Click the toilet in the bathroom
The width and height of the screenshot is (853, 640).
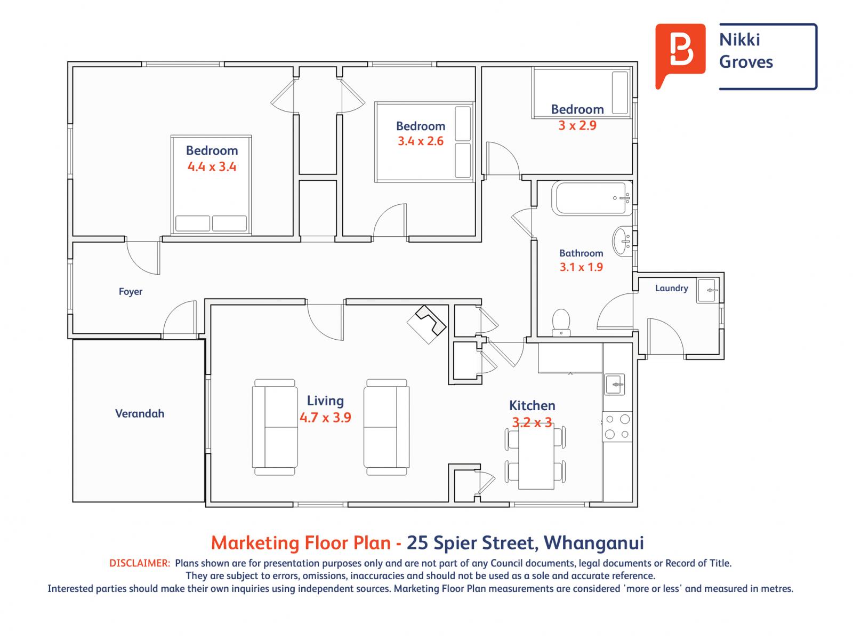tap(561, 322)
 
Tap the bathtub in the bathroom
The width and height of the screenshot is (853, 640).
tap(592, 198)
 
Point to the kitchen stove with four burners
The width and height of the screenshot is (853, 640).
tap(617, 427)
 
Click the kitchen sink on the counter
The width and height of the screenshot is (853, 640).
tap(615, 384)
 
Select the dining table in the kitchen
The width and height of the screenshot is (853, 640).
tap(536, 458)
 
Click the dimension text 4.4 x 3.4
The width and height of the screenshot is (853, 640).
tap(212, 166)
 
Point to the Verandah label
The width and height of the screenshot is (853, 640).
tap(140, 413)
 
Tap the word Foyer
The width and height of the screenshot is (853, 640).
tap(131, 292)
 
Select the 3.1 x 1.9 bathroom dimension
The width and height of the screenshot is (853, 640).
tap(581, 267)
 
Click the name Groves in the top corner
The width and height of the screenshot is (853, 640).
tap(746, 62)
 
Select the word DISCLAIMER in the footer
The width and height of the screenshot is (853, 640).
tap(140, 563)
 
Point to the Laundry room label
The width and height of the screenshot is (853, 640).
tap(671, 288)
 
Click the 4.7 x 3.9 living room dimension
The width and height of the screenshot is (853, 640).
tap(325, 418)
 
